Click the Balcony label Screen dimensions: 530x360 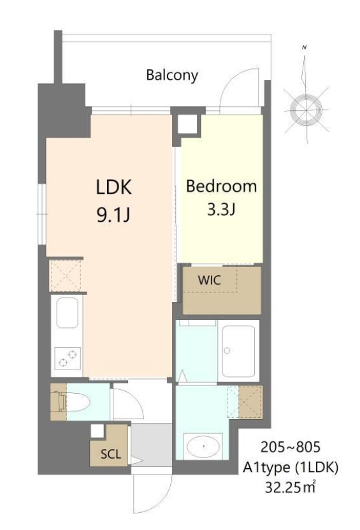(x=172, y=75)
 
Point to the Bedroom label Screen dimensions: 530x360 (x=221, y=187)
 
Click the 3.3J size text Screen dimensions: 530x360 (x=221, y=210)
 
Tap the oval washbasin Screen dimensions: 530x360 (x=203, y=447)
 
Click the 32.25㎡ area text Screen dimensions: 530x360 (x=290, y=489)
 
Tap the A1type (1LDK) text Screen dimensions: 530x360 (x=290, y=468)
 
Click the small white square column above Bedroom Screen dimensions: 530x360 (x=187, y=123)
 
